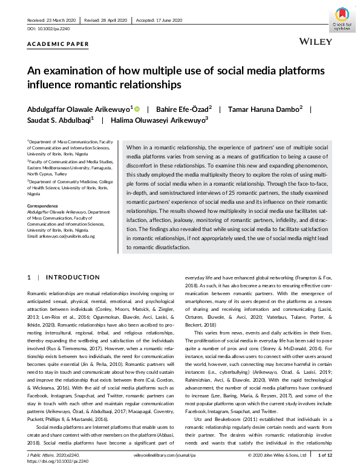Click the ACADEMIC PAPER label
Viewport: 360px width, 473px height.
pos(58,44)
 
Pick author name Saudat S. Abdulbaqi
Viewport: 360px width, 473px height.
pos(60,120)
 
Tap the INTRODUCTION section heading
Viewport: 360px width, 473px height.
pos(73,278)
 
